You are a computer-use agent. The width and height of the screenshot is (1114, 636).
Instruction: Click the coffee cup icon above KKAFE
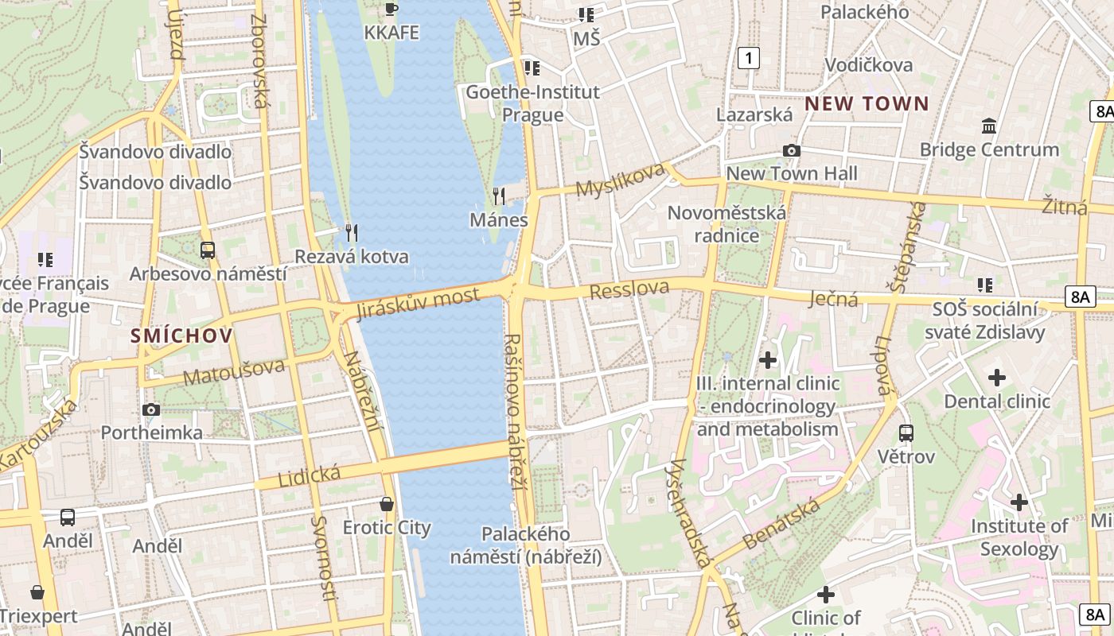tap(391, 9)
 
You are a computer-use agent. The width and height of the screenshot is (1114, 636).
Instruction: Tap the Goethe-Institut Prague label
tap(532, 103)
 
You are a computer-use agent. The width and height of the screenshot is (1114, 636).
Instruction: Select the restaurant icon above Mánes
tap(499, 196)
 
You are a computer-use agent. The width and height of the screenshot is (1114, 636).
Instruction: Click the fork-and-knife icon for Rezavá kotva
tap(351, 232)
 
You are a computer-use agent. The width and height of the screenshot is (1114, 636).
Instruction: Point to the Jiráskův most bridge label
tap(419, 303)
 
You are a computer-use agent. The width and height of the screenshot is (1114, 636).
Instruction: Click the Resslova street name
tap(629, 289)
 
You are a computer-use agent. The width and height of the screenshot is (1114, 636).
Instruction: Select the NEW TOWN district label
tap(867, 103)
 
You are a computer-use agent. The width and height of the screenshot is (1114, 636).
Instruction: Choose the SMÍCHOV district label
tap(182, 335)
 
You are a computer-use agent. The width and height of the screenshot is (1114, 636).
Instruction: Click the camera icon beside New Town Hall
tap(791, 150)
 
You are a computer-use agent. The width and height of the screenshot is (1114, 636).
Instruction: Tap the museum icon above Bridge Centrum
tap(989, 126)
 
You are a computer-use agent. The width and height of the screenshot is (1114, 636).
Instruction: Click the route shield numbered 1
tap(748, 57)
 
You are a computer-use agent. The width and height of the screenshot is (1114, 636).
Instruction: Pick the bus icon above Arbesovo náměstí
tap(208, 250)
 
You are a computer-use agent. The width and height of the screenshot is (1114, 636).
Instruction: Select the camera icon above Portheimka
tap(151, 409)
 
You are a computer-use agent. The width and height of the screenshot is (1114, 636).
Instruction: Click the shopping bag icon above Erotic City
tap(387, 504)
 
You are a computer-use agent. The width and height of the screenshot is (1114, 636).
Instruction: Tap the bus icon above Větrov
tap(906, 433)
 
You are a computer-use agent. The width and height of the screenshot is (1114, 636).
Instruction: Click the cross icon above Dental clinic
tap(996, 378)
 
